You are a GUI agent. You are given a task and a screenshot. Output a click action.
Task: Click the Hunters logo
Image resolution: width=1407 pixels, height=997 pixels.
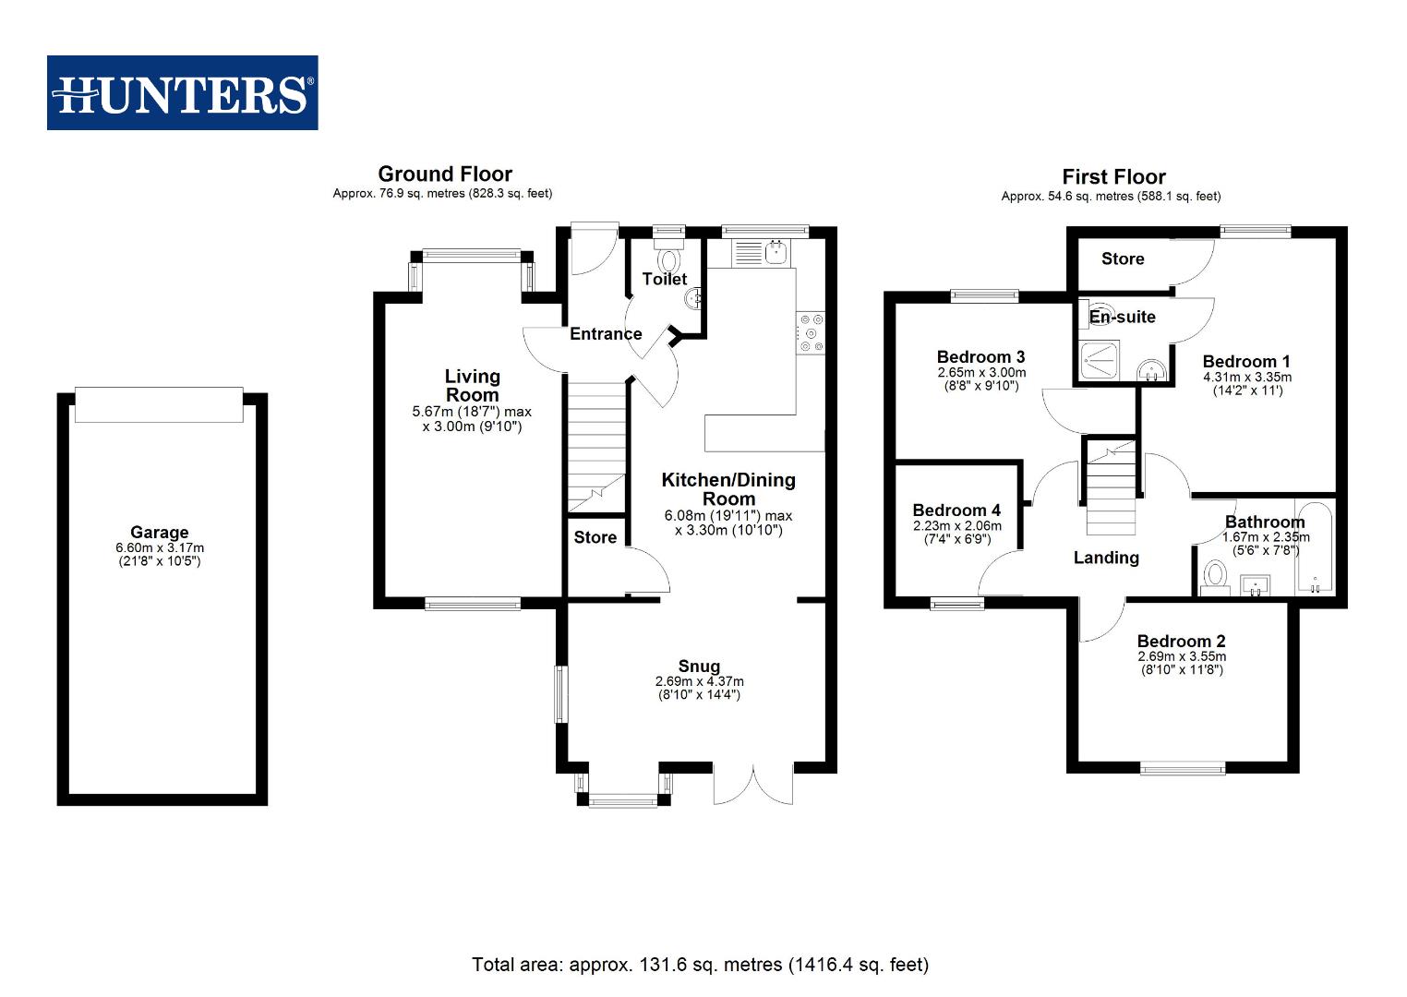tap(183, 93)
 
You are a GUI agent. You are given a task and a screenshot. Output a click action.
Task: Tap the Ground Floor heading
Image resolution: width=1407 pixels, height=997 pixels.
tap(444, 174)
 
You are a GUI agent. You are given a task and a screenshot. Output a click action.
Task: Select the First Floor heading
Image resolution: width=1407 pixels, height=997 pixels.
tap(1112, 176)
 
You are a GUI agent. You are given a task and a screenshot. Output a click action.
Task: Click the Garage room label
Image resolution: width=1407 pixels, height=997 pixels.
tap(159, 533)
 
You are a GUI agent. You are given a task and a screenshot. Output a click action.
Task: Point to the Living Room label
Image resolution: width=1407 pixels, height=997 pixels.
tap(472, 385)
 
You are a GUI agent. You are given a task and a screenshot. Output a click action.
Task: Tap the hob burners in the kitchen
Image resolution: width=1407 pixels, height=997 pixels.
tap(812, 333)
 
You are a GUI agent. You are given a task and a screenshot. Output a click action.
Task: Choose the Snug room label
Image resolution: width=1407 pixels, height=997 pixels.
tap(698, 667)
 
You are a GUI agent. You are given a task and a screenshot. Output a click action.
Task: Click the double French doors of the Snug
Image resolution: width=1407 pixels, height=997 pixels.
tap(753, 784)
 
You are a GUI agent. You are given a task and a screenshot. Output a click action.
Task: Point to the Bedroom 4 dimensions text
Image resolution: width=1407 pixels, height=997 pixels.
tap(956, 533)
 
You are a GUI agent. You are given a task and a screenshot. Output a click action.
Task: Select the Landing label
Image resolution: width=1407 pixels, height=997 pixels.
tap(1105, 558)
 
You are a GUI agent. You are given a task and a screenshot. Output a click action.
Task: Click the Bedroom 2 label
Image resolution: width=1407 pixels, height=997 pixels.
tap(1181, 642)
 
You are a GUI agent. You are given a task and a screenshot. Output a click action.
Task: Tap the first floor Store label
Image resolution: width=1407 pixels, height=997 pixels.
tap(1122, 259)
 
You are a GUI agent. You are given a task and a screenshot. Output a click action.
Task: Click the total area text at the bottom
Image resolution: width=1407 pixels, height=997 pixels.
tap(700, 965)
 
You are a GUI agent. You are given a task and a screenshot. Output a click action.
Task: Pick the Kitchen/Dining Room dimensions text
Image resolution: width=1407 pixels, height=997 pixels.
tap(728, 523)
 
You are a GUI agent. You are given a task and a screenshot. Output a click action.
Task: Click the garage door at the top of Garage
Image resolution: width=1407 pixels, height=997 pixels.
tap(159, 404)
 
